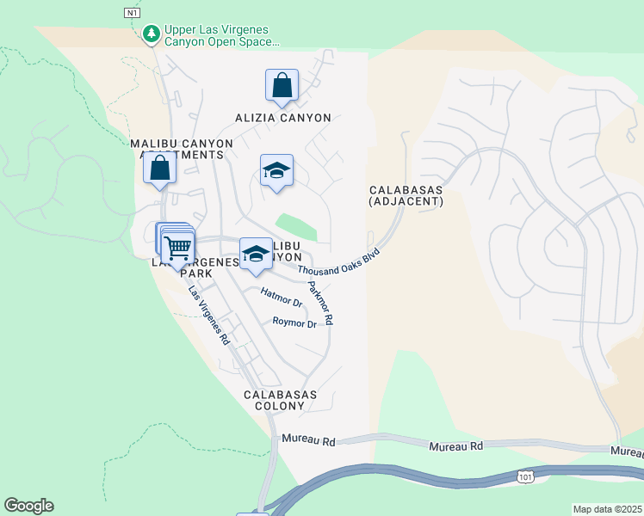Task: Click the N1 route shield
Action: coord(131,13)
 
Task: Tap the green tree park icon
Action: coord(152,34)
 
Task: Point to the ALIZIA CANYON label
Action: coord(283,118)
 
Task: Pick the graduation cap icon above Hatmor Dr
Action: coord(256,254)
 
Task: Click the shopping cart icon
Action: coord(178,249)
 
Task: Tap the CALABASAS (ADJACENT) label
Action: coord(406,195)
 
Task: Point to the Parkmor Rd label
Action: coord(320,304)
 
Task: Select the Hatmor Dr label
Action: coord(282,298)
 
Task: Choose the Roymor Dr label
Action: coord(294,322)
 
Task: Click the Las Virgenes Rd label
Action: coord(210,315)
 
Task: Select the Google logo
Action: coord(28,506)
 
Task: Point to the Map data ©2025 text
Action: coord(607,509)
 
